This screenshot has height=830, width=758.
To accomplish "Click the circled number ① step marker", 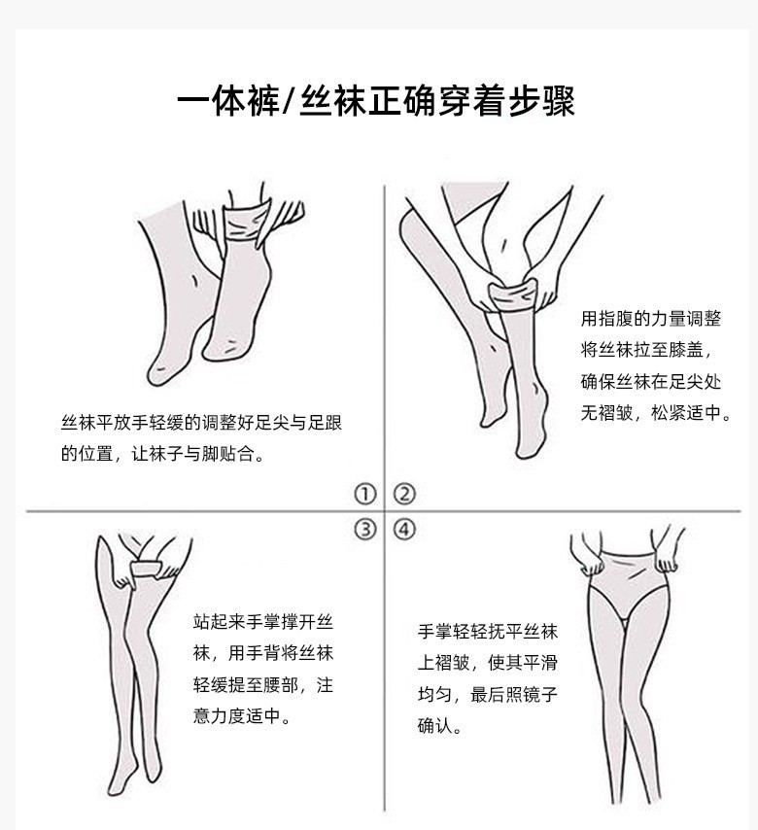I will click(364, 494).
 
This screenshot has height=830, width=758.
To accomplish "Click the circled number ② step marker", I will click(404, 494).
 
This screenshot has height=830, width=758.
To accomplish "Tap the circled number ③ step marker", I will click(364, 529).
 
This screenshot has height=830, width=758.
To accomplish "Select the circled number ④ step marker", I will click(404, 529).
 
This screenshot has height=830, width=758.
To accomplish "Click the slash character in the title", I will click(285, 100).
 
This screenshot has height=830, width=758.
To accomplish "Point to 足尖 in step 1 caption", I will click(271, 423).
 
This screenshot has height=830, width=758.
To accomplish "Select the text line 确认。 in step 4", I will click(440, 726).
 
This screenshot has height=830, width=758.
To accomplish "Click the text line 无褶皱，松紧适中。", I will click(656, 412).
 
